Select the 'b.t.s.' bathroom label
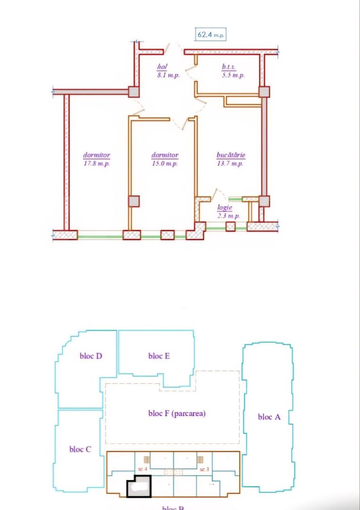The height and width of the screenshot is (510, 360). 229,67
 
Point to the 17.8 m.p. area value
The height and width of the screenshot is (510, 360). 97,164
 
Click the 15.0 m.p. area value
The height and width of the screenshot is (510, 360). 165,164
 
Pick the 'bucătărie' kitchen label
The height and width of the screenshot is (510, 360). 231,155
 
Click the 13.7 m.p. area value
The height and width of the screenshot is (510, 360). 231,164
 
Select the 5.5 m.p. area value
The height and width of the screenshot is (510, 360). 233,75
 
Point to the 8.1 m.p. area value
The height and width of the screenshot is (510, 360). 168,75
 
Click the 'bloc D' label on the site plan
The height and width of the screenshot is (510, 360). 91,356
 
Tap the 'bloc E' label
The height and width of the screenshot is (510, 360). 159,356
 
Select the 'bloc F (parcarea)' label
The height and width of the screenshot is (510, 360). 177,413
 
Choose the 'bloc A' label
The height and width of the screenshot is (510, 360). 269,416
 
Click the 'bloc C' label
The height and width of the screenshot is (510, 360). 80,449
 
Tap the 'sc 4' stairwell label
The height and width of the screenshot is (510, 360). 143,469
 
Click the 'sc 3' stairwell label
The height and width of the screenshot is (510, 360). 204,469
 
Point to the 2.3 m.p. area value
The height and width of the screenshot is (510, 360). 228,216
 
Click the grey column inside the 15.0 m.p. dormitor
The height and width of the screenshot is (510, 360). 134,201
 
